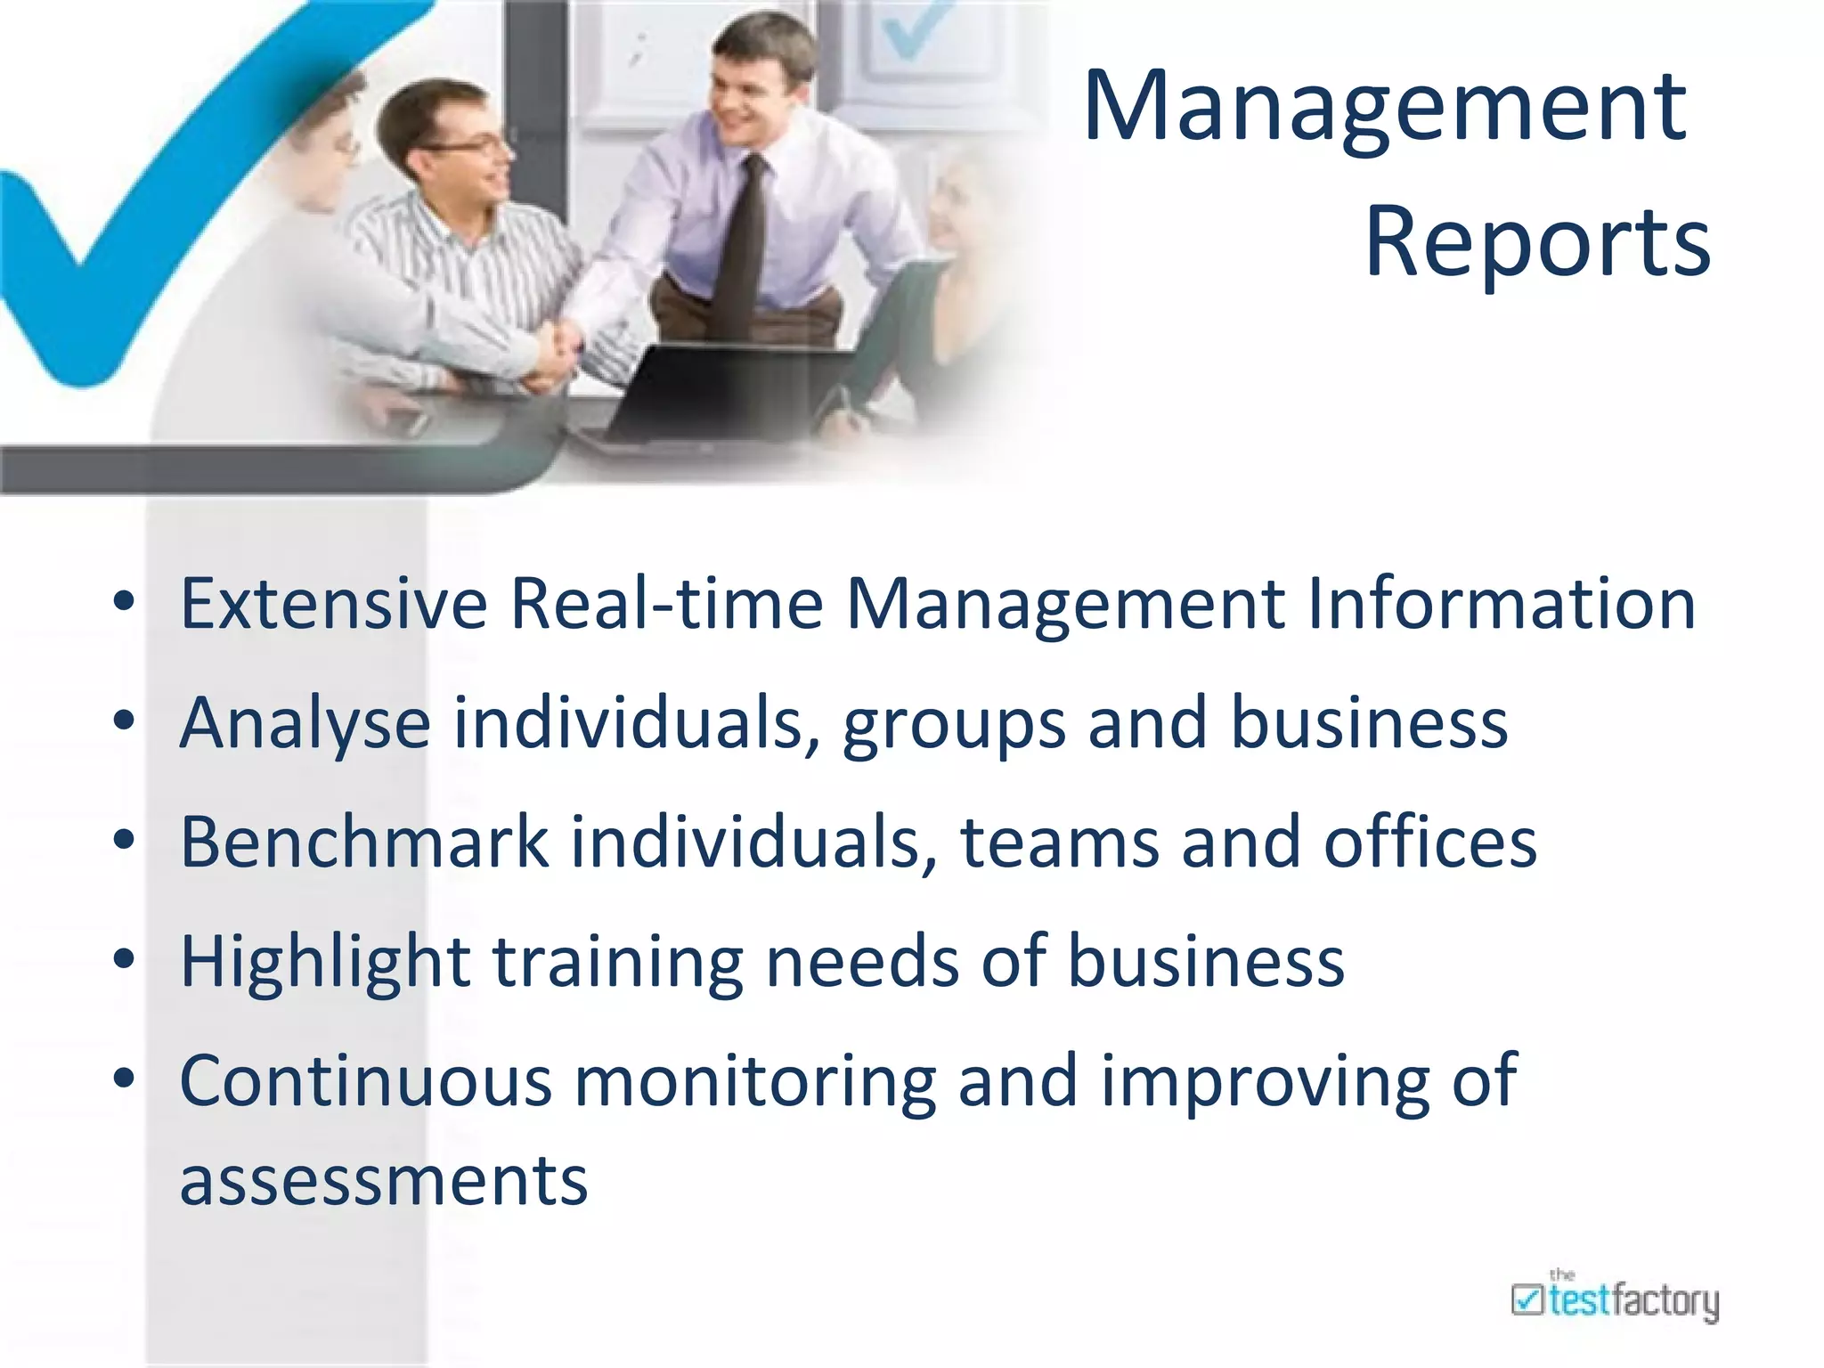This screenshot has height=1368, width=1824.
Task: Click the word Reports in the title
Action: click(x=1537, y=242)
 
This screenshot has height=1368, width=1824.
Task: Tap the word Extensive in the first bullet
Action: click(x=334, y=604)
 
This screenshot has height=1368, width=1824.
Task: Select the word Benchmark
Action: click(x=365, y=842)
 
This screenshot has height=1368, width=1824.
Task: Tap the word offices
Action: click(x=1430, y=842)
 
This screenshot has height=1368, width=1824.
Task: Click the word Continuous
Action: click(x=366, y=1081)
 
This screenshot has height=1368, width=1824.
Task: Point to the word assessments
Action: click(x=384, y=1181)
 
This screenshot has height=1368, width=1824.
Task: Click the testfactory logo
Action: click(x=1615, y=1300)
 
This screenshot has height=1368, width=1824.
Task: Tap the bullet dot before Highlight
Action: click(x=124, y=959)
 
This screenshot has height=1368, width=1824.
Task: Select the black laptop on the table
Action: click(x=704, y=392)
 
